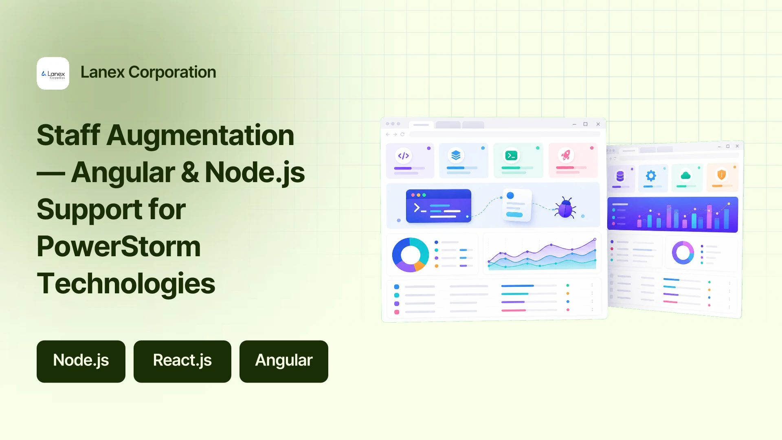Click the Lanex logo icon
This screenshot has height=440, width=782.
[53, 73]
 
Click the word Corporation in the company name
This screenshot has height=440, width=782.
[172, 72]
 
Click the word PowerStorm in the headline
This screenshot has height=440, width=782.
[119, 246]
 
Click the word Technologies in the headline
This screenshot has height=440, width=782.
[126, 284]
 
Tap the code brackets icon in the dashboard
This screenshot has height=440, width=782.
[403, 156]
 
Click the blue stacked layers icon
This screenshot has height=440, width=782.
[456, 155]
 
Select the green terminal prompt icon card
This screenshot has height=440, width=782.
[518, 160]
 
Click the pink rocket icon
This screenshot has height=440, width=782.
[566, 155]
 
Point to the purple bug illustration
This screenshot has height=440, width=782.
[565, 208]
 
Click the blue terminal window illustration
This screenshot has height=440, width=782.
[439, 206]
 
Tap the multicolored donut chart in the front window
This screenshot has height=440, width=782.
[411, 255]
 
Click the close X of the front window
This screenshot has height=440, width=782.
[598, 124]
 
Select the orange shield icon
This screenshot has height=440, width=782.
[722, 175]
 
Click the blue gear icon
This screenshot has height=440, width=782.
[651, 176]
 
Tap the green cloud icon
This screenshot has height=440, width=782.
[686, 175]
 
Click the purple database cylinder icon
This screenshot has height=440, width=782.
[620, 176]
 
